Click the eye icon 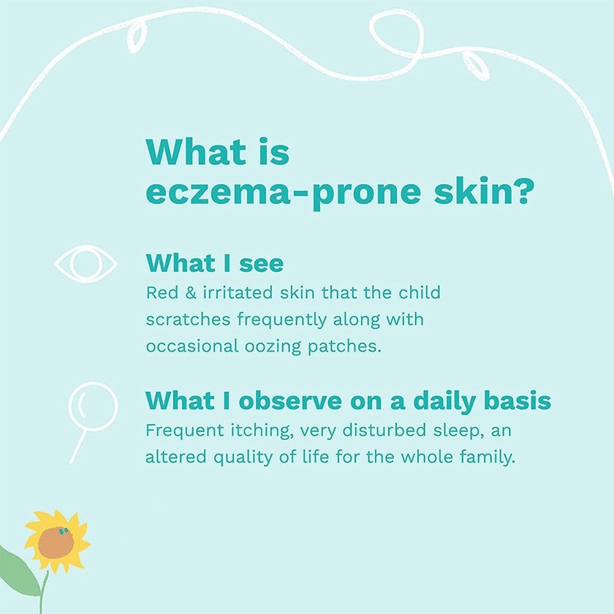pyautogui.click(x=86, y=263)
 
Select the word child pyautogui.click(x=419, y=293)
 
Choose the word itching pyautogui.click(x=240, y=431)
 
